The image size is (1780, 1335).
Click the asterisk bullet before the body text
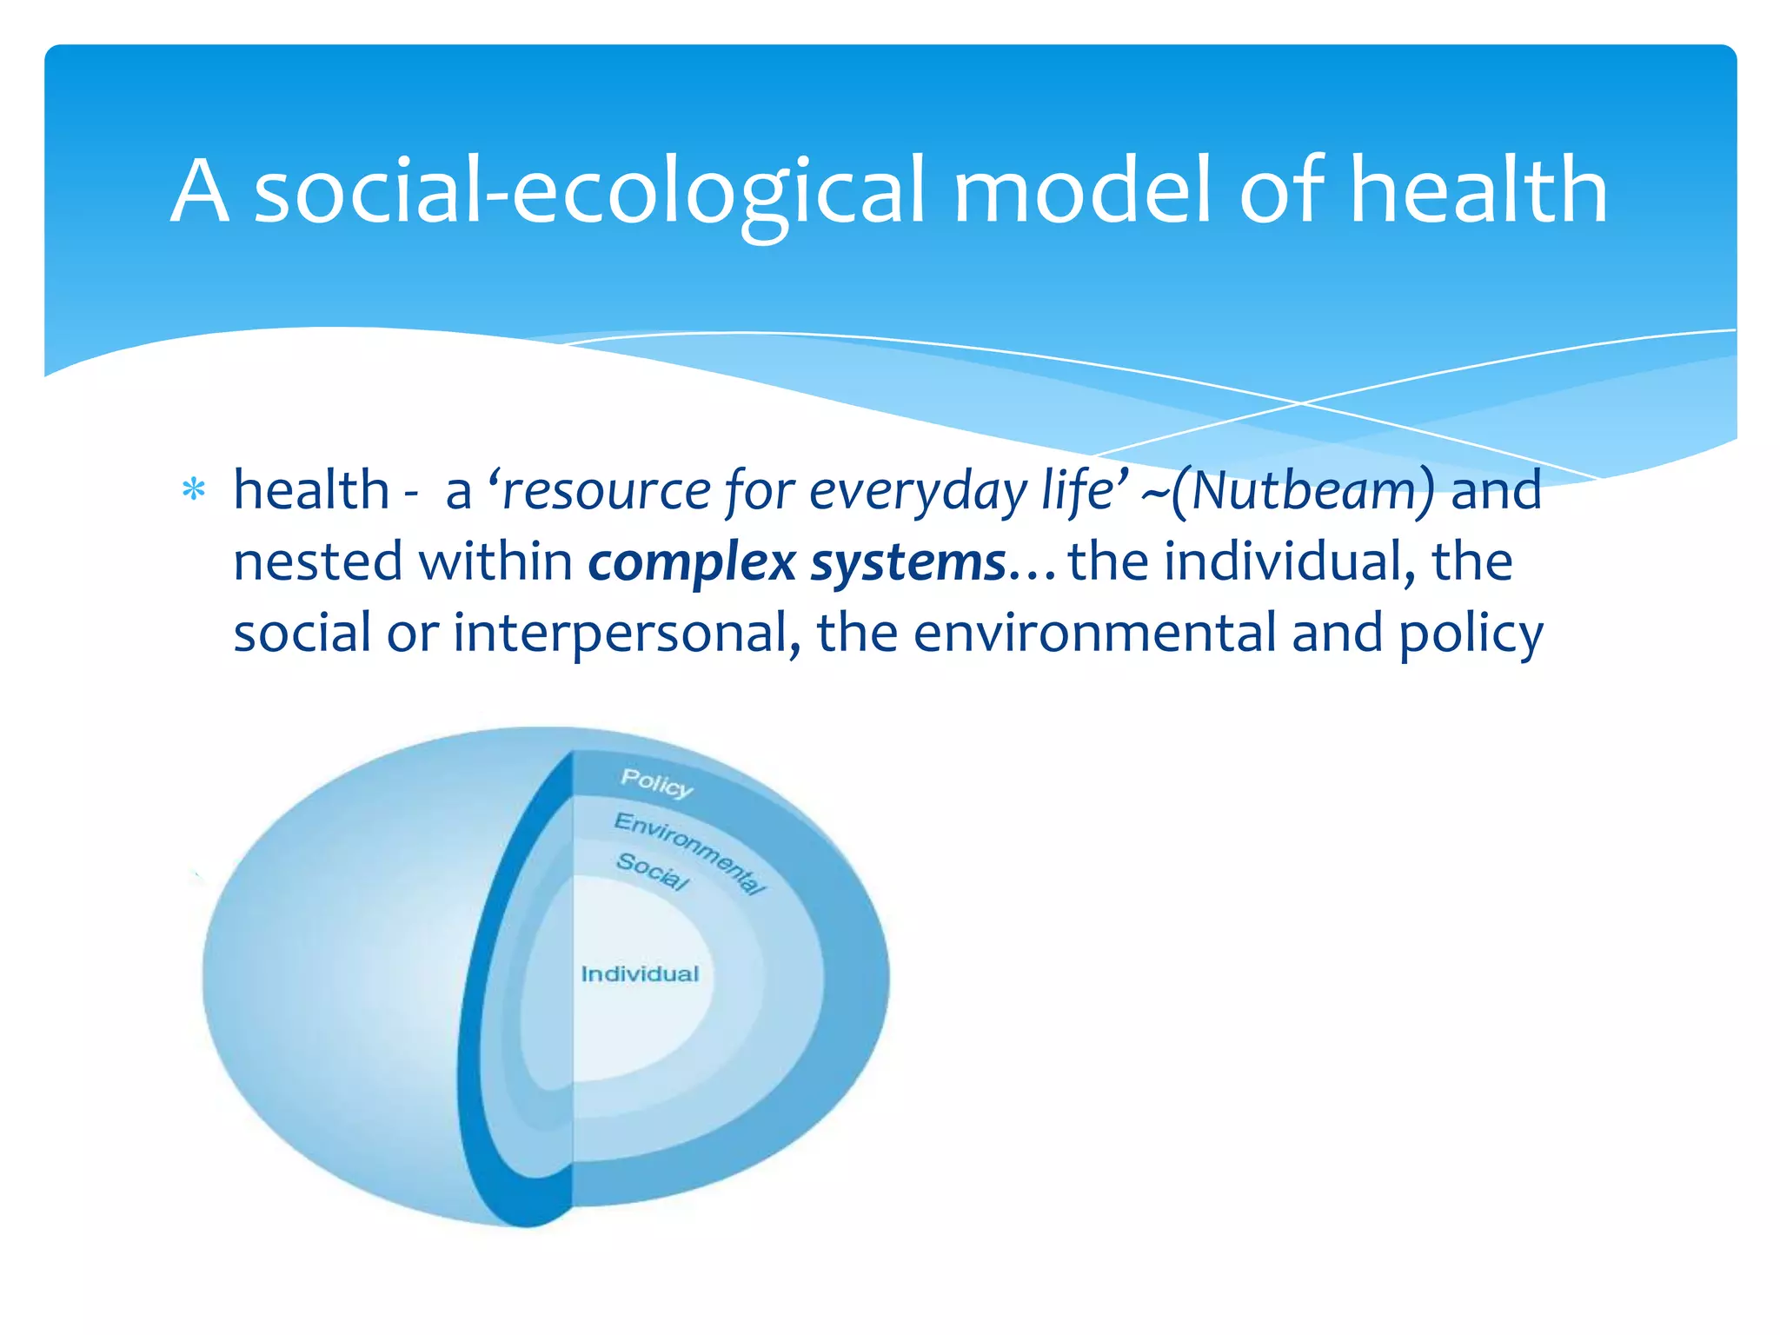click(193, 492)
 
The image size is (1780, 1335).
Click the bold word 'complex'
click(692, 563)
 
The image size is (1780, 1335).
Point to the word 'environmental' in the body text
click(1094, 633)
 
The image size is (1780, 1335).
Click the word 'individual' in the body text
click(1283, 561)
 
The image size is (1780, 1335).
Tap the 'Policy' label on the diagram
click(656, 783)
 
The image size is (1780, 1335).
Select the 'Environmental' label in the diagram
click(690, 852)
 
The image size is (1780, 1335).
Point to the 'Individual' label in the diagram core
click(640, 974)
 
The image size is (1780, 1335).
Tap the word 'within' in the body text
click(495, 561)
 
